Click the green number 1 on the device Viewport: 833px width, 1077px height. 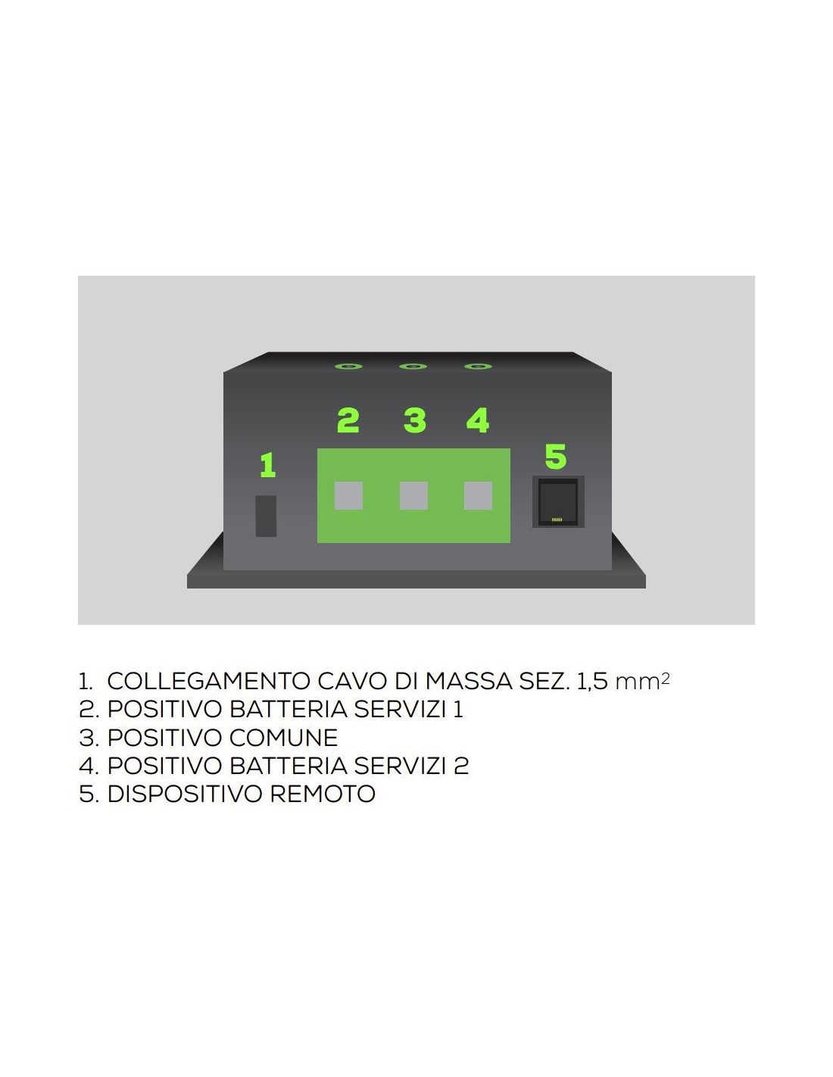click(267, 465)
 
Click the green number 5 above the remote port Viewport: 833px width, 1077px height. click(555, 456)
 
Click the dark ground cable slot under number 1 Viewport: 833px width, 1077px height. click(266, 516)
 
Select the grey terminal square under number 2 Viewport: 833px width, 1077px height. click(348, 495)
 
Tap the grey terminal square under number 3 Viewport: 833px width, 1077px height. click(413, 495)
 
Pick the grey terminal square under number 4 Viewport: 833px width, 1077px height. click(478, 495)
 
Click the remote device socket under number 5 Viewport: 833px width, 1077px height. click(558, 501)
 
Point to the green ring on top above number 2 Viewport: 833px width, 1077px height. click(348, 367)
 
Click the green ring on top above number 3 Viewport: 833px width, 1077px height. click(413, 367)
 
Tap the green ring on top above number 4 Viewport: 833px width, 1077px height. click(478, 367)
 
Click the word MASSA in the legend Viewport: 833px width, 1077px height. click(468, 680)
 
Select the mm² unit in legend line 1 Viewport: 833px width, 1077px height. click(642, 682)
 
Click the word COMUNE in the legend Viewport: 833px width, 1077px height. click(283, 738)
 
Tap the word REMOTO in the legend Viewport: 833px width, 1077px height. click(323, 794)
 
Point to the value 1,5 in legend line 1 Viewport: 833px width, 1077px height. click(592, 682)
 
